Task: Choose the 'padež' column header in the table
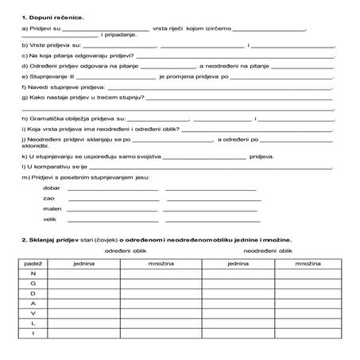tap(33, 261)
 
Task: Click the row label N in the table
tap(33, 273)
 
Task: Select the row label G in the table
tap(33, 283)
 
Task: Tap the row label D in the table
tap(33, 293)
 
